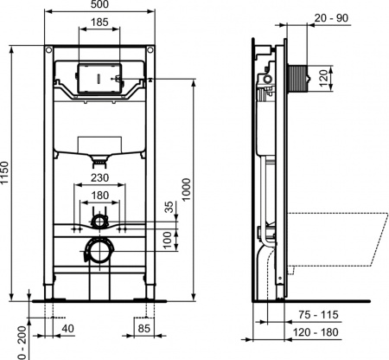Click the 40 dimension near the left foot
pyautogui.click(x=67, y=329)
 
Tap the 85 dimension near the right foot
pyautogui.click(x=143, y=329)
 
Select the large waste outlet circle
pyautogui.click(x=99, y=252)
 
